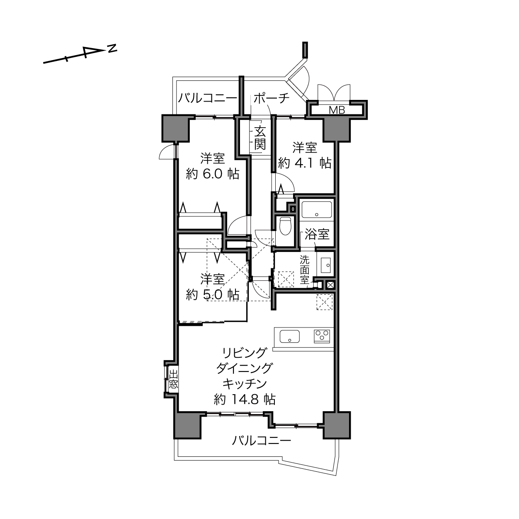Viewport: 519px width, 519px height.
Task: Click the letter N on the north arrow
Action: point(112,49)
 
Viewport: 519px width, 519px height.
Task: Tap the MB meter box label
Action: point(337,110)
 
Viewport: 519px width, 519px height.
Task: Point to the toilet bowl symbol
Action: point(285,226)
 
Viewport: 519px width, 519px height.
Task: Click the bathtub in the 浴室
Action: point(316,209)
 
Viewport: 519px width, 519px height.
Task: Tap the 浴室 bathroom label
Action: point(317,234)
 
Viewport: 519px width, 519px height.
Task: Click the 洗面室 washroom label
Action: point(305,269)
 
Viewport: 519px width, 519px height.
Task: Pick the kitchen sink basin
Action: point(289,336)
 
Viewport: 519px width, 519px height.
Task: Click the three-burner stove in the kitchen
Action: point(322,336)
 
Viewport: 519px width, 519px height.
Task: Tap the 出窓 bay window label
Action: point(173,379)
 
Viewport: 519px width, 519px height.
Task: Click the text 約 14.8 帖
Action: point(245,400)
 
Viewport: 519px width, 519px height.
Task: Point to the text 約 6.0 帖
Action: point(212,174)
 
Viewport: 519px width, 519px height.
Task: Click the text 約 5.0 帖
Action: point(212,294)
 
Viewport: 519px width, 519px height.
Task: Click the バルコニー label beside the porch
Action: point(207,98)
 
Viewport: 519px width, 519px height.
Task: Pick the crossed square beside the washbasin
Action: point(330,285)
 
